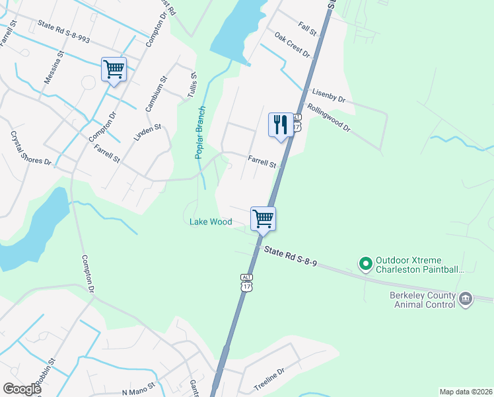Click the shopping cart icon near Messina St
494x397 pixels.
tap(114, 69)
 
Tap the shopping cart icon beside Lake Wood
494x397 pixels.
tap(263, 218)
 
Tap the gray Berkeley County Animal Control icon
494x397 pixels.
tap(465, 299)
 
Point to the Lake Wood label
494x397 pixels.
tap(211, 222)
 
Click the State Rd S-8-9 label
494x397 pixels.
tap(291, 255)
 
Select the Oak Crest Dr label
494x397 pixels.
tap(292, 45)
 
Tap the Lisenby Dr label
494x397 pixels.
tap(328, 96)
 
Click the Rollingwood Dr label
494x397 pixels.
tap(328, 117)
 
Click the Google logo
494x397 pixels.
tap(21, 388)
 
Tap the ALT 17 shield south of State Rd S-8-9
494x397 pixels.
tap(246, 283)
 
